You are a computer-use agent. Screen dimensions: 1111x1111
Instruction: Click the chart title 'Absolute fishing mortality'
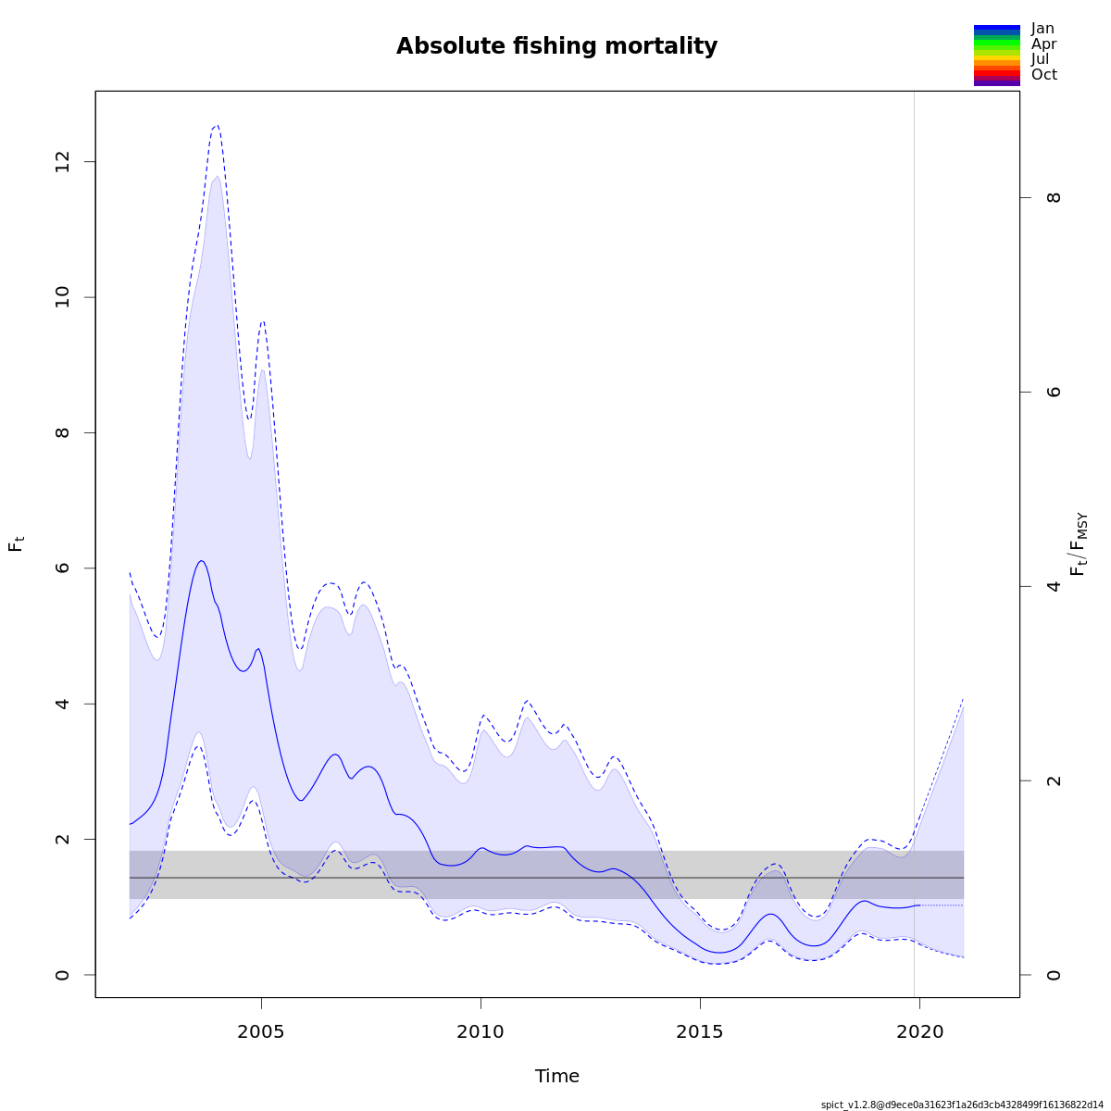point(556,46)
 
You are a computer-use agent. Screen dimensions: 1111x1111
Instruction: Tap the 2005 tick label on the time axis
point(261,1031)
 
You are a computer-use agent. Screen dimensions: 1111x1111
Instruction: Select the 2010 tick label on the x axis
point(481,1031)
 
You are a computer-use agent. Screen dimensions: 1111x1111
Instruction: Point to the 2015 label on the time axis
point(699,1031)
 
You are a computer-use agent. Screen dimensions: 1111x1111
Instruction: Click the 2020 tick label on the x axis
point(918,1031)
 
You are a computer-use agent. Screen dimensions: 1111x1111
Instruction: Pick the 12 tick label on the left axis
point(63,162)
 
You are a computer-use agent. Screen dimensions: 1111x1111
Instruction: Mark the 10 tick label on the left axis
point(63,297)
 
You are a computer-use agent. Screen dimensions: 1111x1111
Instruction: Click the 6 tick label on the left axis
point(63,568)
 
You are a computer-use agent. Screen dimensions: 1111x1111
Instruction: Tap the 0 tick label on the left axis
point(63,974)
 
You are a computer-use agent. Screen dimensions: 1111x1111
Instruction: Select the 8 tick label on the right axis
point(1054,197)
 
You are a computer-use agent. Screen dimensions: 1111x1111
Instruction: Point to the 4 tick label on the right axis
point(1054,586)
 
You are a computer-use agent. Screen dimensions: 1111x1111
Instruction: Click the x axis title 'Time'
point(556,1076)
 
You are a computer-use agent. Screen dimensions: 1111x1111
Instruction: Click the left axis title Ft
point(16,543)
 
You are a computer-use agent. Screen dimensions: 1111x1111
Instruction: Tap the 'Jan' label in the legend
point(1042,29)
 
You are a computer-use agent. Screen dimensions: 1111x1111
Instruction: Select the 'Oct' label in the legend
point(1043,75)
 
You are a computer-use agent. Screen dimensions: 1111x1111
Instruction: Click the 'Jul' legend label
point(1041,59)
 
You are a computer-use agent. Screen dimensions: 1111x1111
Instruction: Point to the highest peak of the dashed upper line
point(217,125)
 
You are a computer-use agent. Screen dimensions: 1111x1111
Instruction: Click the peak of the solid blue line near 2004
point(201,560)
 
